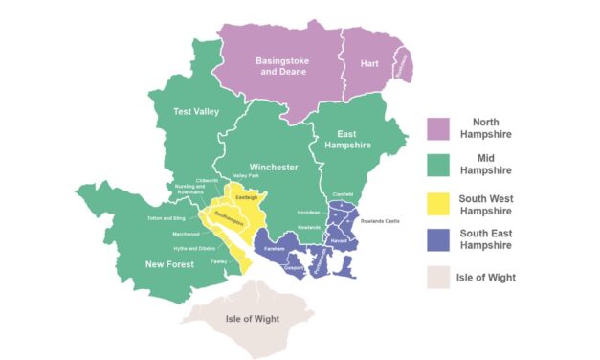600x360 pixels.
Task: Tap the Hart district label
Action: (x=370, y=63)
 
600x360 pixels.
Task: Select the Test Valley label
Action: (x=196, y=112)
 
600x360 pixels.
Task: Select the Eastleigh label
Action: (x=247, y=197)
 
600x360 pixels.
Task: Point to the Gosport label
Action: (x=296, y=267)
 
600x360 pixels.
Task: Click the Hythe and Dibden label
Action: (x=193, y=248)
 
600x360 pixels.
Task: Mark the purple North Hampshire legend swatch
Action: (x=438, y=128)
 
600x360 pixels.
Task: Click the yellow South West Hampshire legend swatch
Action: (x=438, y=203)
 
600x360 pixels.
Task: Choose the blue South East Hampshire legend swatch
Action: (x=438, y=240)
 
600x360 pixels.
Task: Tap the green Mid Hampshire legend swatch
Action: (x=438, y=166)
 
